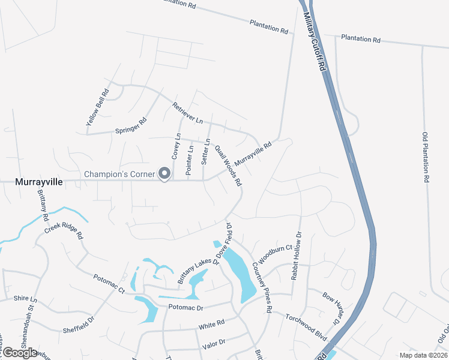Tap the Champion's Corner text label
coord(119,175)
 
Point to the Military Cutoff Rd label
coord(315,43)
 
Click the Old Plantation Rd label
coord(426,157)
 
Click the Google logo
coord(20,353)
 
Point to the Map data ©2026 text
coord(423,355)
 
